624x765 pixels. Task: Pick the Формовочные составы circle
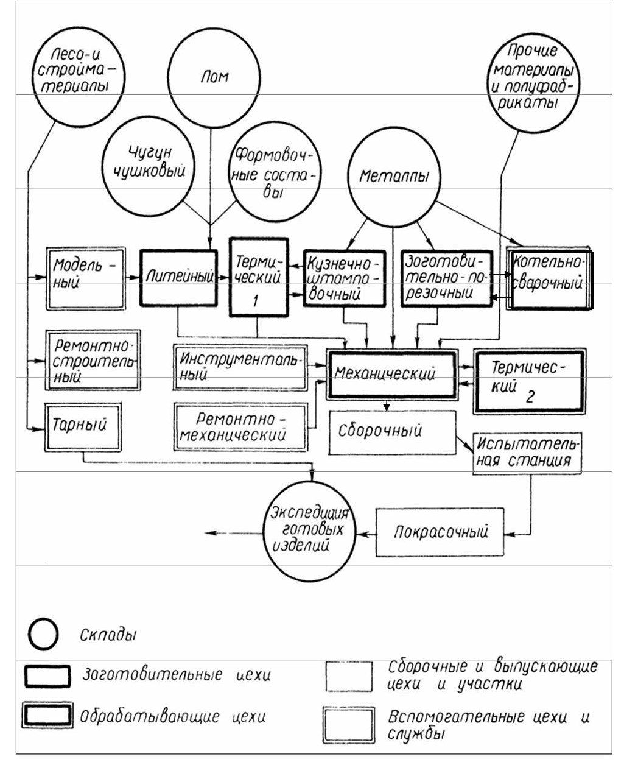tap(275, 173)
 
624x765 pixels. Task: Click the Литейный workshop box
tap(178, 277)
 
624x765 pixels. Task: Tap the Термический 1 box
tap(259, 277)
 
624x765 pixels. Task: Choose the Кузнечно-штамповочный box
tap(345, 277)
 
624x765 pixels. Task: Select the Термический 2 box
tap(528, 381)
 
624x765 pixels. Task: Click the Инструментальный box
tap(240, 367)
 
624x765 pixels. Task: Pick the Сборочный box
tap(392, 432)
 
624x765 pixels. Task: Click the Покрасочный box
tap(440, 531)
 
